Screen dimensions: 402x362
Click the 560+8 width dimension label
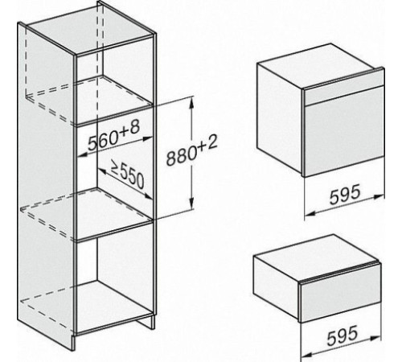point(114,136)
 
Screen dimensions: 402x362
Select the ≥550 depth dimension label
point(128,176)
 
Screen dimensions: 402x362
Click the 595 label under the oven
point(345,195)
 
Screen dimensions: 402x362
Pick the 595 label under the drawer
point(343,335)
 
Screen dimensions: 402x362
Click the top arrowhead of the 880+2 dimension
point(191,103)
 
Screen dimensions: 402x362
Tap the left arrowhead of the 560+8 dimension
point(84,154)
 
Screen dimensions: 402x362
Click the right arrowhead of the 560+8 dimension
point(147,138)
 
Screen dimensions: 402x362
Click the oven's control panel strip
point(344,86)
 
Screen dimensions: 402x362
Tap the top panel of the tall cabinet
point(91,35)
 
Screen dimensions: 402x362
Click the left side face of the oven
point(280,118)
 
